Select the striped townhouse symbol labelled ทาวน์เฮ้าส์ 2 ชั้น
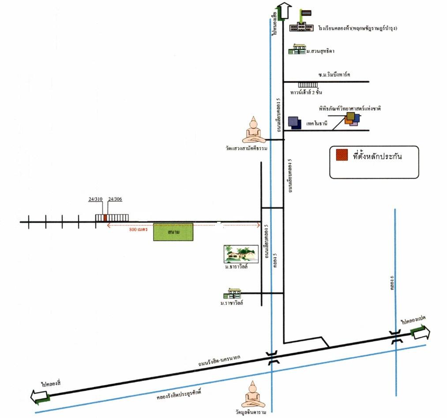tap(308, 85)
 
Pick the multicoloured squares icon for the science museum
tap(352, 119)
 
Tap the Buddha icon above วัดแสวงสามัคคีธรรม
tap(254, 131)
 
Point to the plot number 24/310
tap(95, 199)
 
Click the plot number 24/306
tap(115, 199)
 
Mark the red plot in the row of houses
tap(105, 217)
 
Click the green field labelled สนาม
tap(173, 232)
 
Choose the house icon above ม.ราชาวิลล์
tap(234, 294)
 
